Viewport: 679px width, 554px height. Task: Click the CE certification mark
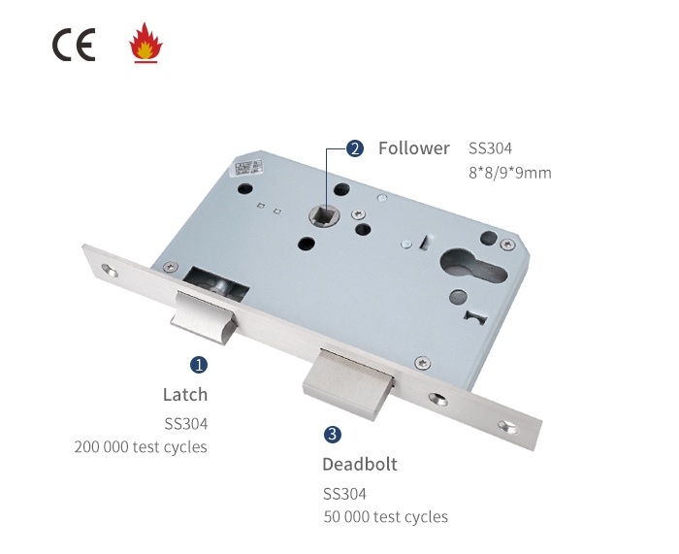tap(74, 46)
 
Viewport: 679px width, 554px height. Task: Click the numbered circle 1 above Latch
tap(199, 366)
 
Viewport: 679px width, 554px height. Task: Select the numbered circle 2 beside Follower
tap(355, 148)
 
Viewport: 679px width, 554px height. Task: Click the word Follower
tap(414, 148)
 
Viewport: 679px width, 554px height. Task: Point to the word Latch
tap(184, 395)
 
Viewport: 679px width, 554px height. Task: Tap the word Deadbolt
tap(360, 464)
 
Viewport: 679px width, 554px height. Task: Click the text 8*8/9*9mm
tap(509, 174)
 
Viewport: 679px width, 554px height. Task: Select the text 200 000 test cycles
tap(141, 447)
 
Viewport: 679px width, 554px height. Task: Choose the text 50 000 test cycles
tap(386, 517)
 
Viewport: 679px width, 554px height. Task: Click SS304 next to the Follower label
tap(490, 148)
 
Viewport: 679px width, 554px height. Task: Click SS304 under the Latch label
tap(185, 423)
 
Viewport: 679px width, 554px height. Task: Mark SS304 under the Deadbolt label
tap(344, 493)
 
